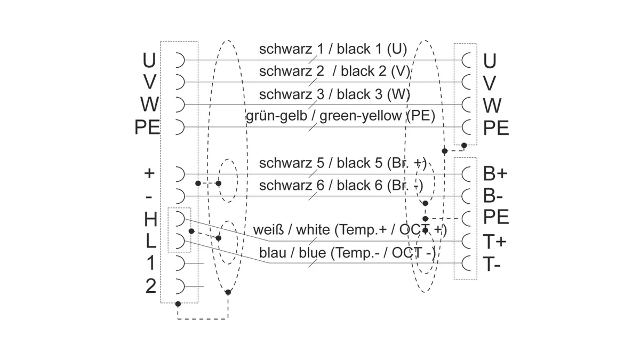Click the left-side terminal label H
[x=150, y=219]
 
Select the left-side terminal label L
[x=151, y=241]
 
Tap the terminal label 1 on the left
[x=150, y=263]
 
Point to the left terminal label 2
[x=151, y=286]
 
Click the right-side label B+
[x=495, y=173]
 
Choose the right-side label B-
[x=493, y=196]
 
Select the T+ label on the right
[x=494, y=242]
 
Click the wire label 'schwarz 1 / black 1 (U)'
[x=333, y=49]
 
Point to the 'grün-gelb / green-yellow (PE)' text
[x=340, y=116]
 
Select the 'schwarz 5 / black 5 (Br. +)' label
[x=342, y=163]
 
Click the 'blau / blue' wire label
[x=292, y=253]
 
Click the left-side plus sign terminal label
[x=149, y=173]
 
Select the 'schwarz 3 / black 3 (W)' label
[x=334, y=94]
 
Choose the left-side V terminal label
[x=150, y=82]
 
